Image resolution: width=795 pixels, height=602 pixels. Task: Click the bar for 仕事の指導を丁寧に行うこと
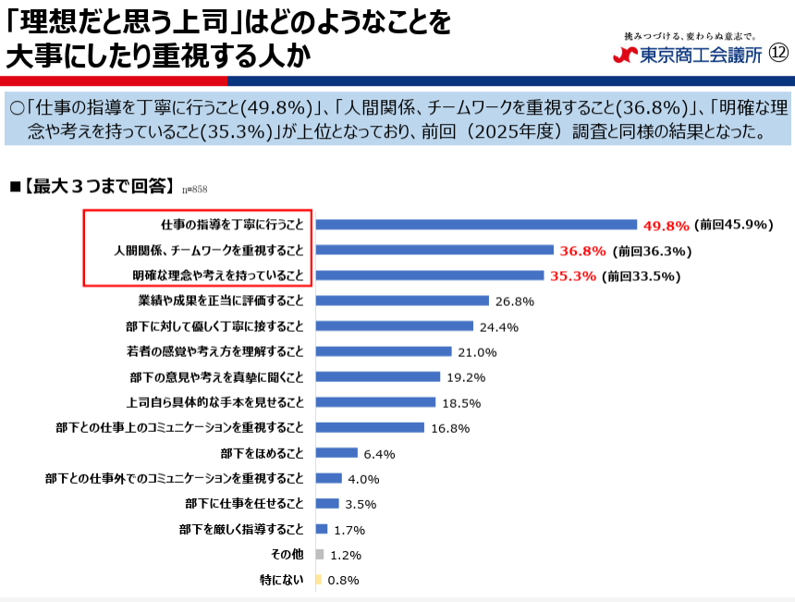tap(476, 224)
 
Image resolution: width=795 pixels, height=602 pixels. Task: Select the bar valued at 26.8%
tap(402, 301)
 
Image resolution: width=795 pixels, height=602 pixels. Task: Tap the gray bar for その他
tap(320, 554)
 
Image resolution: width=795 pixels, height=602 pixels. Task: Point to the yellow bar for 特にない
tap(318, 580)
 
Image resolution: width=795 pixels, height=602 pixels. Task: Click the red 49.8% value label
tap(667, 225)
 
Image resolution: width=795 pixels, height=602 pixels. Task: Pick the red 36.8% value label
tap(582, 251)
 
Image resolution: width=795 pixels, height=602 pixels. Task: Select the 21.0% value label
tap(477, 351)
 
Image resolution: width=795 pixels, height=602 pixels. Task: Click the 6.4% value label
tap(379, 453)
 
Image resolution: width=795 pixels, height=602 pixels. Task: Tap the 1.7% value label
tap(349, 530)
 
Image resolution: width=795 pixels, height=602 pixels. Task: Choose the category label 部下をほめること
tap(262, 453)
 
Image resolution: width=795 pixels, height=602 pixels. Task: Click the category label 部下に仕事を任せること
tap(244, 504)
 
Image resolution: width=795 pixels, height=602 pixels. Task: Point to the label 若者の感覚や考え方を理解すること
tap(215, 351)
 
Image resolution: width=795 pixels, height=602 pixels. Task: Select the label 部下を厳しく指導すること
tap(241, 529)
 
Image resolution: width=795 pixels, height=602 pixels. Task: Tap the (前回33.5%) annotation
tap(641, 276)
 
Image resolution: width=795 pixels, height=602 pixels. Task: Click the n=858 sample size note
tap(194, 190)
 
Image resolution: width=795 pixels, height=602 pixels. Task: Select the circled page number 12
tap(778, 54)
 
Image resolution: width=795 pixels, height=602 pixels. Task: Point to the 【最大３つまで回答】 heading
tap(99, 187)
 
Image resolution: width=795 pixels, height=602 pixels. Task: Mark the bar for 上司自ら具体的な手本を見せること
tap(375, 402)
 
